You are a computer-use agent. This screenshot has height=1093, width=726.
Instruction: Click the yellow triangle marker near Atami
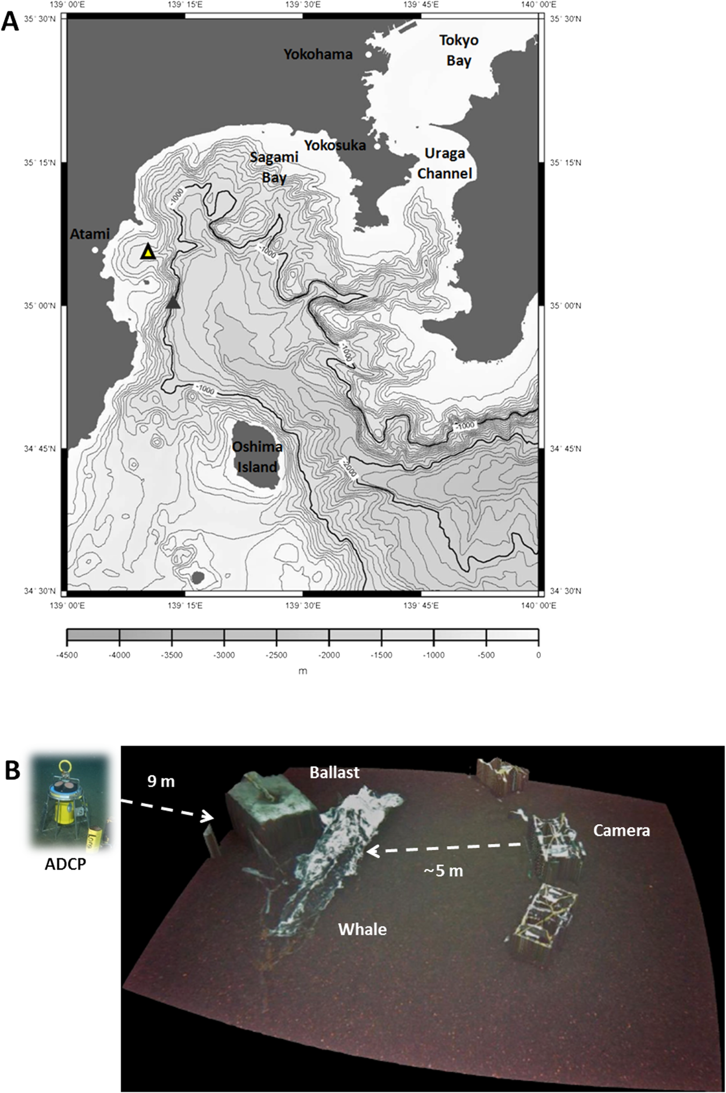pyautogui.click(x=148, y=252)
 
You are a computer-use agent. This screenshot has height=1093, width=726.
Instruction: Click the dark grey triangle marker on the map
pyautogui.click(x=173, y=303)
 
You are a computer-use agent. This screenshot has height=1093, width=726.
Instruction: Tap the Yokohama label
pyautogui.click(x=318, y=54)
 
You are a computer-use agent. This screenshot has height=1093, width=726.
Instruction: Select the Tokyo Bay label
pyautogui.click(x=458, y=50)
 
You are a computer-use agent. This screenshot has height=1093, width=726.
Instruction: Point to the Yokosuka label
pyautogui.click(x=334, y=145)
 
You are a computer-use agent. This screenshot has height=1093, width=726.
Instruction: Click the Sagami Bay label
pyautogui.click(x=274, y=167)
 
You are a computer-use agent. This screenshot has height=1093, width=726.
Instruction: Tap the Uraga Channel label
pyautogui.click(x=445, y=163)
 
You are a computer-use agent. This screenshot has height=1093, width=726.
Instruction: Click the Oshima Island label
pyautogui.click(x=257, y=456)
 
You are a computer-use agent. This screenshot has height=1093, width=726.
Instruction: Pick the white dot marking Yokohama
pyautogui.click(x=368, y=54)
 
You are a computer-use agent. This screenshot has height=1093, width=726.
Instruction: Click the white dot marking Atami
pyautogui.click(x=95, y=249)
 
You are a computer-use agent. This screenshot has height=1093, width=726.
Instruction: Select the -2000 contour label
pyautogui.click(x=348, y=468)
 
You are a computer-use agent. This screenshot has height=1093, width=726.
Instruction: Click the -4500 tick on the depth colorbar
pyautogui.click(x=67, y=655)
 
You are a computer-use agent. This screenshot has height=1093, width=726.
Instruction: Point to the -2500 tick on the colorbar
pyautogui.click(x=276, y=655)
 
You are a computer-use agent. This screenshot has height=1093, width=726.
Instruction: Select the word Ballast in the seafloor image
pyautogui.click(x=334, y=773)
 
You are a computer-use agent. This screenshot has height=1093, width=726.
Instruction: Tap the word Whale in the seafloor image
pyautogui.click(x=362, y=929)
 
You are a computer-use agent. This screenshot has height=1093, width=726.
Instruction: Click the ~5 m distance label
pyautogui.click(x=443, y=870)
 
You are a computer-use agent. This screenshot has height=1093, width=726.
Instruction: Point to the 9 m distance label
pyautogui.click(x=161, y=781)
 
